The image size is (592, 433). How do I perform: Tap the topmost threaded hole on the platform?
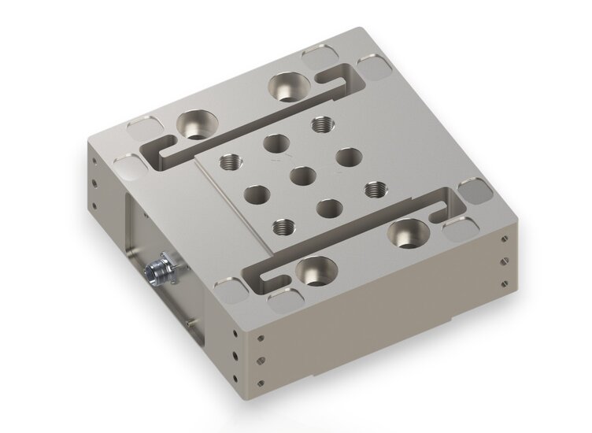click(320, 124)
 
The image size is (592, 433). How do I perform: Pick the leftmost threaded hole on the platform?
click(231, 161)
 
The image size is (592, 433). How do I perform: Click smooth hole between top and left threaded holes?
click(275, 142)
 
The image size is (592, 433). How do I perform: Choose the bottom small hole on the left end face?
click(94, 206)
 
